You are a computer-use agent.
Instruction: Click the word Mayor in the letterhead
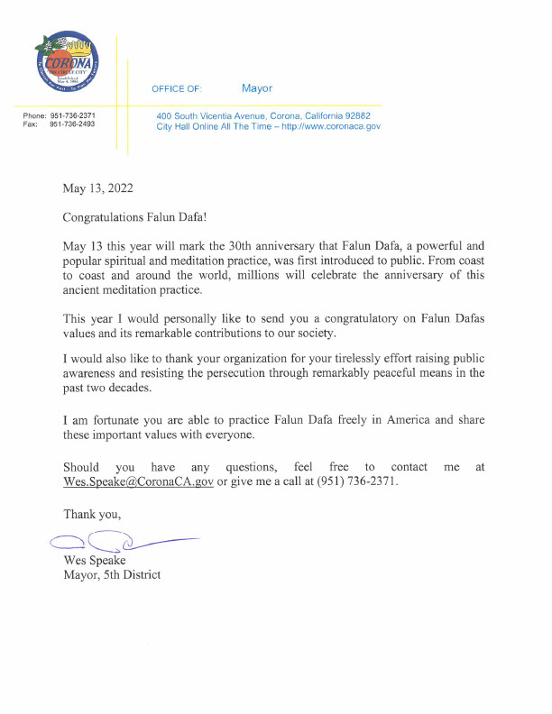[x=257, y=88]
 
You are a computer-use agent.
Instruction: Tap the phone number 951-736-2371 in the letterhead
[x=72, y=116]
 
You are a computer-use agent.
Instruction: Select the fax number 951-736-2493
[x=72, y=124]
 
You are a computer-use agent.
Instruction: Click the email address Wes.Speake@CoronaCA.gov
[x=138, y=481]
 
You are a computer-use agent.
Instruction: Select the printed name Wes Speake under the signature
[x=95, y=560]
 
